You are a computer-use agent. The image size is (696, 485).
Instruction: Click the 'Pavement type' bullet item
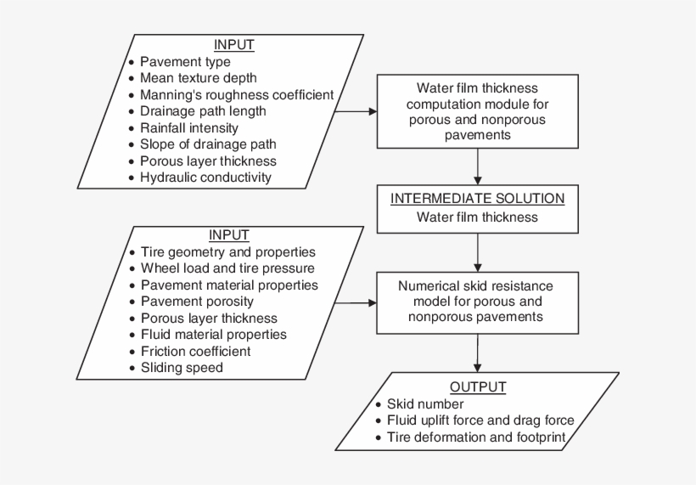pyautogui.click(x=184, y=62)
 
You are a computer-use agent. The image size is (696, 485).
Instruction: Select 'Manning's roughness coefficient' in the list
pyautogui.click(x=236, y=94)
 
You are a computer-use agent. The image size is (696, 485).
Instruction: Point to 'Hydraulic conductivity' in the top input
pyautogui.click(x=205, y=177)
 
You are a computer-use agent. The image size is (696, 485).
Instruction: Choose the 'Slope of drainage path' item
pyautogui.click(x=208, y=144)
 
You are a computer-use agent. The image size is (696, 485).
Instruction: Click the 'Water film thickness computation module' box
pyautogui.click(x=477, y=110)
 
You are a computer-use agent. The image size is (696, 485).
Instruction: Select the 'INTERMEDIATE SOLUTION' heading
pyautogui.click(x=477, y=199)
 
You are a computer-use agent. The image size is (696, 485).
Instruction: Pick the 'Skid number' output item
pyautogui.click(x=425, y=403)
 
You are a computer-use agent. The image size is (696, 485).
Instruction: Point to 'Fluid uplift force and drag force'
pyautogui.click(x=480, y=420)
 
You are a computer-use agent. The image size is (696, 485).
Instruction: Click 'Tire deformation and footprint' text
pyautogui.click(x=475, y=437)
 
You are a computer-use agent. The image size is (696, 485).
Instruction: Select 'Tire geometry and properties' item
pyautogui.click(x=227, y=252)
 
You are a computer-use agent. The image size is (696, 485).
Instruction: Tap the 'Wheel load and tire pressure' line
pyautogui.click(x=227, y=268)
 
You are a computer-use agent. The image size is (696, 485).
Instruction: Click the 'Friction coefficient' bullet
pyautogui.click(x=195, y=351)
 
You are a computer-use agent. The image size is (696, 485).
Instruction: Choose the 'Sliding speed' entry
pyautogui.click(x=182, y=367)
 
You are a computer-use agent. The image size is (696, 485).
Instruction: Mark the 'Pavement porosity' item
pyautogui.click(x=197, y=302)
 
